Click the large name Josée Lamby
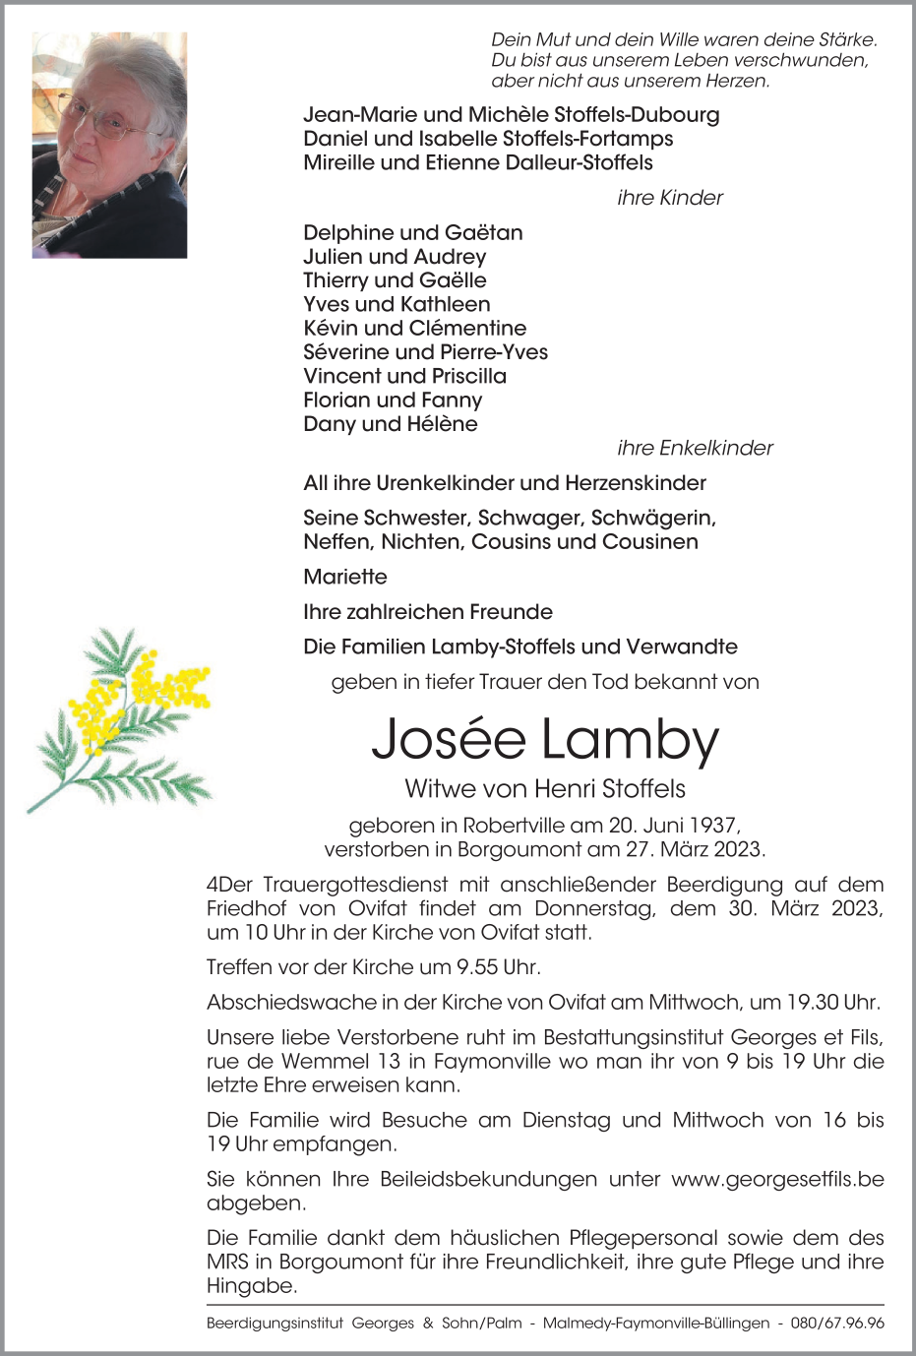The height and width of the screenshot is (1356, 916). (545, 740)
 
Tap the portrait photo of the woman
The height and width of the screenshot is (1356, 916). (109, 146)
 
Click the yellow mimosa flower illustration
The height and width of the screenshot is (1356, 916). (120, 718)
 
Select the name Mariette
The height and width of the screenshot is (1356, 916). (345, 577)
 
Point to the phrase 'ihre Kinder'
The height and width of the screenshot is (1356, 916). (669, 198)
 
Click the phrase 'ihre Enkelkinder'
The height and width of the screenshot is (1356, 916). (695, 448)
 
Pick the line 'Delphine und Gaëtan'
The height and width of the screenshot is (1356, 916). (413, 233)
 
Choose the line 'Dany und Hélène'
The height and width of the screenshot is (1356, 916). (391, 424)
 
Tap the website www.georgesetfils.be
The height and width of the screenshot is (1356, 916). (777, 1179)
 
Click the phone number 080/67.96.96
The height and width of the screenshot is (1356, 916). (836, 1324)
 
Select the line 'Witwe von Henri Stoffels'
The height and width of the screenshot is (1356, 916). (545, 789)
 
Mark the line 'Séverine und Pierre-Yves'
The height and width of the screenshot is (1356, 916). (425, 352)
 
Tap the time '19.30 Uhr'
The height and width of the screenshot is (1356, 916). (832, 1003)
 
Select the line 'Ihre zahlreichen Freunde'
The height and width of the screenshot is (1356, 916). (428, 612)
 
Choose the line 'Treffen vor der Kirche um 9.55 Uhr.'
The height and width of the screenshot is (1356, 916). (374, 967)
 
